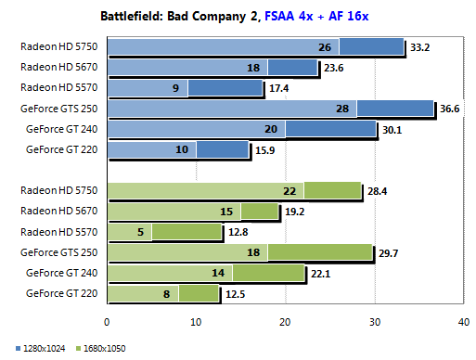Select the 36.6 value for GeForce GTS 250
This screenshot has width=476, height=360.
(451, 108)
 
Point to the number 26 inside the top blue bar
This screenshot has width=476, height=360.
(325, 46)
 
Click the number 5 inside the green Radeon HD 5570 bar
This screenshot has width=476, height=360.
(138, 232)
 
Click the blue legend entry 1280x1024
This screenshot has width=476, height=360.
(31, 348)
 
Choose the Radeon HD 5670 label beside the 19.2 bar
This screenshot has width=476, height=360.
(62, 211)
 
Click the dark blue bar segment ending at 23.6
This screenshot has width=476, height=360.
(292, 67)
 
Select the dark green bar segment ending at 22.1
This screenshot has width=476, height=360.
(268, 273)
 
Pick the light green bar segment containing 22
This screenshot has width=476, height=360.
(204, 190)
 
